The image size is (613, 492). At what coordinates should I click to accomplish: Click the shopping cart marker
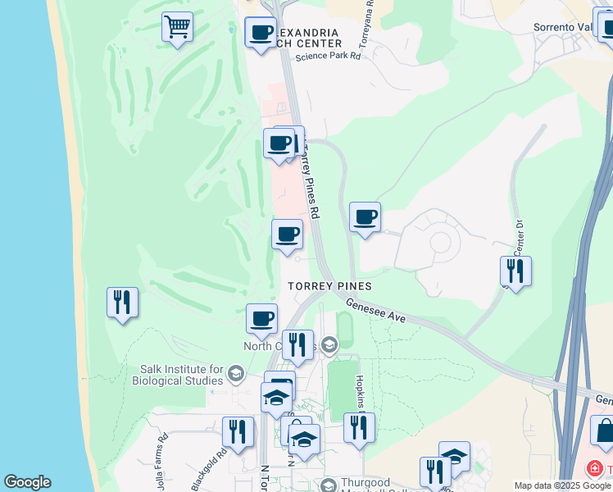[177, 28]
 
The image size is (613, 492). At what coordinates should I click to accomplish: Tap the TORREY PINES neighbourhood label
[329, 286]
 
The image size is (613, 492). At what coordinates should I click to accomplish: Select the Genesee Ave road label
[376, 310]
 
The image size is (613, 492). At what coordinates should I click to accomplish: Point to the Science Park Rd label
[328, 57]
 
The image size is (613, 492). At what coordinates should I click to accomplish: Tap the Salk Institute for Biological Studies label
[182, 375]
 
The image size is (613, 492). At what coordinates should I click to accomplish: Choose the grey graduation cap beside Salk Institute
[236, 375]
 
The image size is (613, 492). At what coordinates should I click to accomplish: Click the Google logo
[27, 482]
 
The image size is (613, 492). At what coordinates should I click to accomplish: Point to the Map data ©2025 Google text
[562, 485]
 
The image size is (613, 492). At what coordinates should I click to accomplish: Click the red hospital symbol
[593, 469]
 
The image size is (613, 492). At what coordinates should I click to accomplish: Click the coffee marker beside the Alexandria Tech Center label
[261, 34]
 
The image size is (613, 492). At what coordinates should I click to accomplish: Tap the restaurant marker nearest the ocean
[122, 302]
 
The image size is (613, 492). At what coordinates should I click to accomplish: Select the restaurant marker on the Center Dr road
[515, 270]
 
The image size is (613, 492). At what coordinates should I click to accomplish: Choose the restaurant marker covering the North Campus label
[297, 344]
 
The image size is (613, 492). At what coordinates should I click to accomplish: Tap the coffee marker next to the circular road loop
[365, 217]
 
